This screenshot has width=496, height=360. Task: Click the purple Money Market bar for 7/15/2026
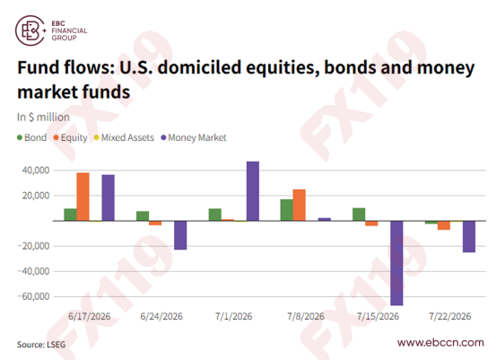pyautogui.click(x=396, y=263)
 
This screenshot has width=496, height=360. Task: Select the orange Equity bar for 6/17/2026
pyautogui.click(x=83, y=197)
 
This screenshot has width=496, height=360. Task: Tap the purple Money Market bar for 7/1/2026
pyautogui.click(x=253, y=191)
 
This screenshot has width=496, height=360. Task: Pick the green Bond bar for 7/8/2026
pyautogui.click(x=287, y=210)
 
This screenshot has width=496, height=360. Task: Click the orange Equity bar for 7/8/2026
pyautogui.click(x=300, y=206)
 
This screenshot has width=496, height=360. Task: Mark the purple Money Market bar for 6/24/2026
pyautogui.click(x=180, y=235)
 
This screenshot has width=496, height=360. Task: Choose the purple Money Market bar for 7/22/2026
pyautogui.click(x=469, y=236)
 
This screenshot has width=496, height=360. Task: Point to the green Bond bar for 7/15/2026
pyautogui.click(x=359, y=215)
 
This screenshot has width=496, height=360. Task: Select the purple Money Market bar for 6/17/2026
pyautogui.click(x=109, y=198)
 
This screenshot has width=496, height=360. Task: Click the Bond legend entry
pyautogui.click(x=32, y=137)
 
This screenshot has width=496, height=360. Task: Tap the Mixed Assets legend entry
pyautogui.click(x=124, y=137)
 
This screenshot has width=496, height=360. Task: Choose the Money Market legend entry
pyautogui.click(x=194, y=137)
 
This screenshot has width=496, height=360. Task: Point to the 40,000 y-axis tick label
pyautogui.click(x=36, y=171)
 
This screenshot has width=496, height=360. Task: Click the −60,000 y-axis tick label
pyautogui.click(x=33, y=296)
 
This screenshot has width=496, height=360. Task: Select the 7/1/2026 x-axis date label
pyautogui.click(x=234, y=316)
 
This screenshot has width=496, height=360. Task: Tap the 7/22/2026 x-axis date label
pyautogui.click(x=450, y=316)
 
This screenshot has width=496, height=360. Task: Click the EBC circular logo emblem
pyautogui.click(x=30, y=31)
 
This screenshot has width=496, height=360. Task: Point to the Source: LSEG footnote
pyautogui.click(x=41, y=345)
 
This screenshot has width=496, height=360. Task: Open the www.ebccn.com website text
pyautogui.click(x=440, y=343)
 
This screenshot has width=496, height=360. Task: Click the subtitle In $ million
pyautogui.click(x=43, y=117)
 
